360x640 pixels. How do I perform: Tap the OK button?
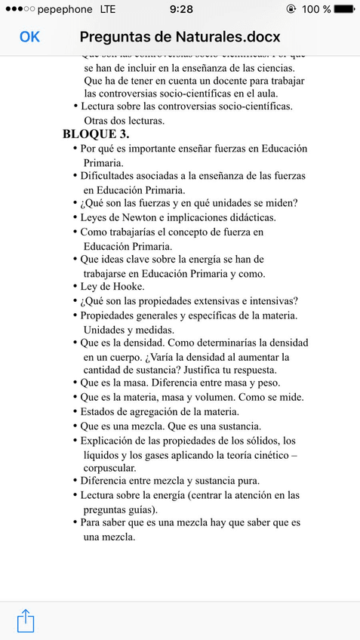point(29,36)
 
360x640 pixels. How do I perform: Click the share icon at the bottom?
point(26,620)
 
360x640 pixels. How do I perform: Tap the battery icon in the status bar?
point(345,10)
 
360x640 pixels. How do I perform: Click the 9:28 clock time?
point(180,10)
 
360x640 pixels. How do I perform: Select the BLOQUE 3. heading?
point(96,134)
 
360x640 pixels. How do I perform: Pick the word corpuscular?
point(109,468)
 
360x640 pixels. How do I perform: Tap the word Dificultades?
point(113,176)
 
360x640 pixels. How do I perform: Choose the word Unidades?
point(106,329)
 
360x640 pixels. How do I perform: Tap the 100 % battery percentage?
point(316,10)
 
